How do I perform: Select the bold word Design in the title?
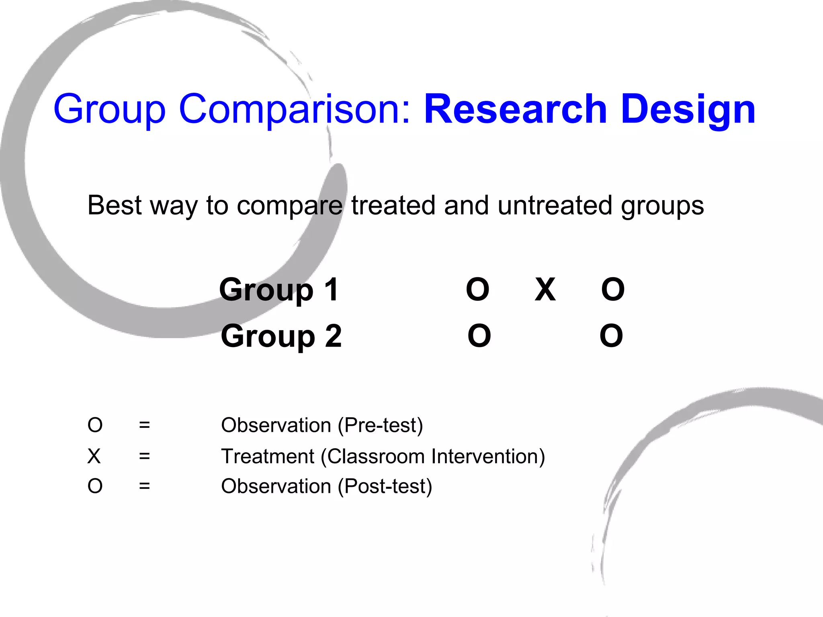tap(688, 109)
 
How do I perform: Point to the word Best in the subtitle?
tap(115, 205)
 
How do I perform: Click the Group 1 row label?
tap(279, 290)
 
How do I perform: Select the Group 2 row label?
tap(281, 336)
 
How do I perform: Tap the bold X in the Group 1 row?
tap(545, 289)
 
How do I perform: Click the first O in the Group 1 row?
tap(477, 289)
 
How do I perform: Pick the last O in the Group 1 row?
tap(613, 289)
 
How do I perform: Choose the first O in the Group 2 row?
tap(479, 336)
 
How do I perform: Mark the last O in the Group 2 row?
tap(611, 336)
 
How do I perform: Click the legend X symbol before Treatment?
tap(94, 456)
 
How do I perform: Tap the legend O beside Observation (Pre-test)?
tap(95, 425)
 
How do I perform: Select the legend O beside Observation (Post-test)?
tap(95, 486)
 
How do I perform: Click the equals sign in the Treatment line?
tap(144, 456)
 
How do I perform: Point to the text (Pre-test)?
tap(380, 425)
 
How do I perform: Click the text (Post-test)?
tap(385, 486)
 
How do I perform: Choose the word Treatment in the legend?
tap(268, 456)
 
